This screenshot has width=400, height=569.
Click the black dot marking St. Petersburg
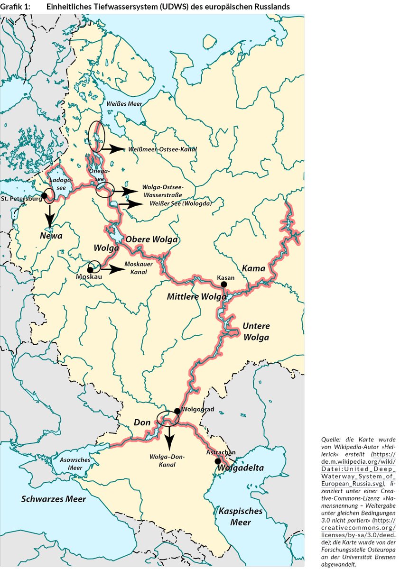pos(44,195)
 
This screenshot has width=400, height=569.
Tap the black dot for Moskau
pos(90,269)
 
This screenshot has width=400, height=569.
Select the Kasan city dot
pos(224,284)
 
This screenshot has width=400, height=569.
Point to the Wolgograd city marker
pos(177,411)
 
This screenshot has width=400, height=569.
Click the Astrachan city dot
pos(217,461)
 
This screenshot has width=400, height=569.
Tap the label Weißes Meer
pos(124,104)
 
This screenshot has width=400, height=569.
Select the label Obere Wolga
pos(151,240)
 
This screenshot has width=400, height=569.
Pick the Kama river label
pos(253,268)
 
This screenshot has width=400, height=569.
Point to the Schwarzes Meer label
pos(54,499)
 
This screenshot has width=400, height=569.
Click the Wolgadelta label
pos(241,468)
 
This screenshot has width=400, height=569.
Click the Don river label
pos(142,422)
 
